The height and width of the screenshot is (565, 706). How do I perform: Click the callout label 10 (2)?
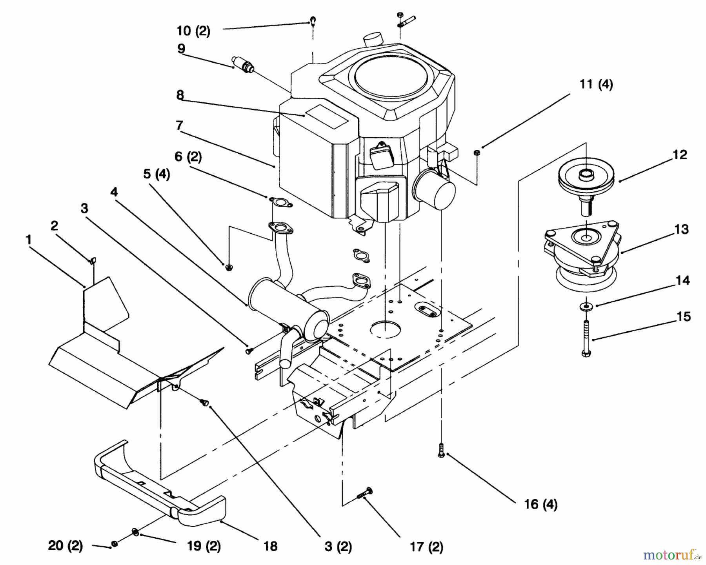tap(193, 31)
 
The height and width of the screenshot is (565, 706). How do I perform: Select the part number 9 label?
tap(181, 49)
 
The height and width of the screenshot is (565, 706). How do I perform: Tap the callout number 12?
tap(679, 155)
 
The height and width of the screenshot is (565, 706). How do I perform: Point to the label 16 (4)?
tap(540, 504)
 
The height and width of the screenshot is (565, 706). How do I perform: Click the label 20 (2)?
tap(65, 545)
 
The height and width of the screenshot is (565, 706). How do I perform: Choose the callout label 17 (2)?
tap(426, 547)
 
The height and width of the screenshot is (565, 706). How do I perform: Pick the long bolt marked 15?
tap(586, 338)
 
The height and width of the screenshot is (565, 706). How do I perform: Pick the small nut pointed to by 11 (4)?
tap(476, 152)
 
